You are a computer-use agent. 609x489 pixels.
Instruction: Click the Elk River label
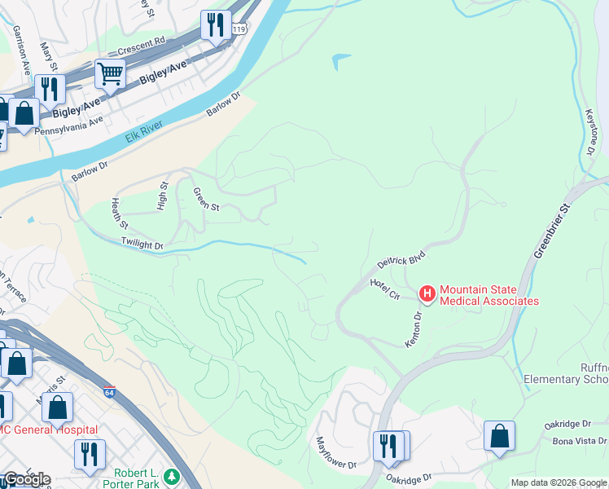(x=144, y=131)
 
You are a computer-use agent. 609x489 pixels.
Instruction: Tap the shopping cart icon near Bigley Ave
(x=110, y=74)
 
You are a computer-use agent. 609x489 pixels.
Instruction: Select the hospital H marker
(x=426, y=291)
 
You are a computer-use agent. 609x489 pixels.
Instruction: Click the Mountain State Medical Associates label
(x=489, y=295)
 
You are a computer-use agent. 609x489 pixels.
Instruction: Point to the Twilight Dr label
(x=142, y=243)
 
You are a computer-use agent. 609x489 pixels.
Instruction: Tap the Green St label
(x=206, y=200)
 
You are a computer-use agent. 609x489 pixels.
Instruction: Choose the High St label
(x=162, y=196)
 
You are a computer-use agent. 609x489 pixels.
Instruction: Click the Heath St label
(x=120, y=213)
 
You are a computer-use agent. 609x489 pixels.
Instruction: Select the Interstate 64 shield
(x=109, y=391)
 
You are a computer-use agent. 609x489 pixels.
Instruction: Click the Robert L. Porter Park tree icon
(x=172, y=475)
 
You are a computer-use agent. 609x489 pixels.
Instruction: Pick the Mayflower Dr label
(x=336, y=453)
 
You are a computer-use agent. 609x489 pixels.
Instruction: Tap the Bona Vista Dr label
(x=578, y=441)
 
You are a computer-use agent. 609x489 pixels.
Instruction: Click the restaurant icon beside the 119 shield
(x=215, y=25)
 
